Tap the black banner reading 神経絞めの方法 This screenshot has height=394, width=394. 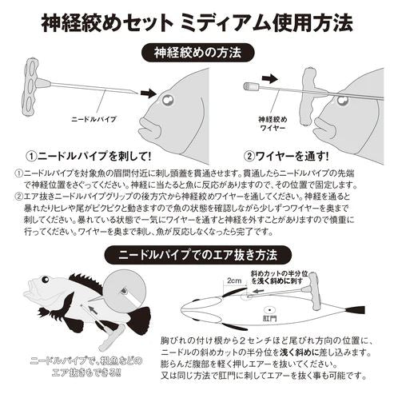197,54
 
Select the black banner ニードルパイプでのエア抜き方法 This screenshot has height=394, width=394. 197,257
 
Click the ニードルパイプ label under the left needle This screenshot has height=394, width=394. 94,118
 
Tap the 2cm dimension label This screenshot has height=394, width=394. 234,282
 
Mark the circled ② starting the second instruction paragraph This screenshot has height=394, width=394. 19,195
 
